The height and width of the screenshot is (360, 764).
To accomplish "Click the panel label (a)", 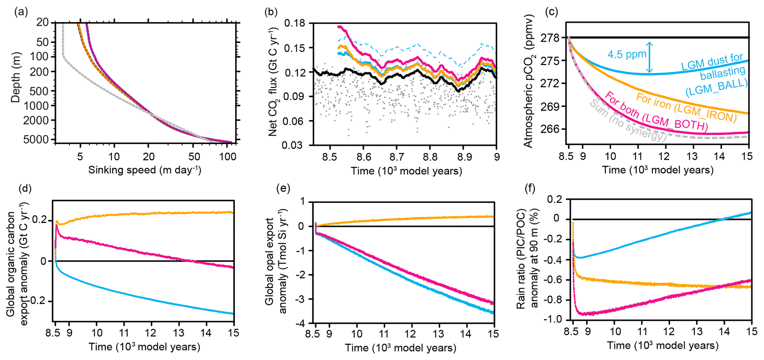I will click(21, 12).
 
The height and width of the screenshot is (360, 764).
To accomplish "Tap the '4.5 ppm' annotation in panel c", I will click(627, 54).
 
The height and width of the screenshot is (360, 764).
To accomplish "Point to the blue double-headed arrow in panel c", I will click(649, 57).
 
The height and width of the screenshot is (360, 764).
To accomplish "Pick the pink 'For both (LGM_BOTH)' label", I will click(656, 112).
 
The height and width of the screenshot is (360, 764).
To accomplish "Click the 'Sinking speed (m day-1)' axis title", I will click(145, 170).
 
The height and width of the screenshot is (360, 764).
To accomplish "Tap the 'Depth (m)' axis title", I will click(16, 77).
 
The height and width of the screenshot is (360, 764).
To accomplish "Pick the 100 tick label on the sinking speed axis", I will click(228, 157).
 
